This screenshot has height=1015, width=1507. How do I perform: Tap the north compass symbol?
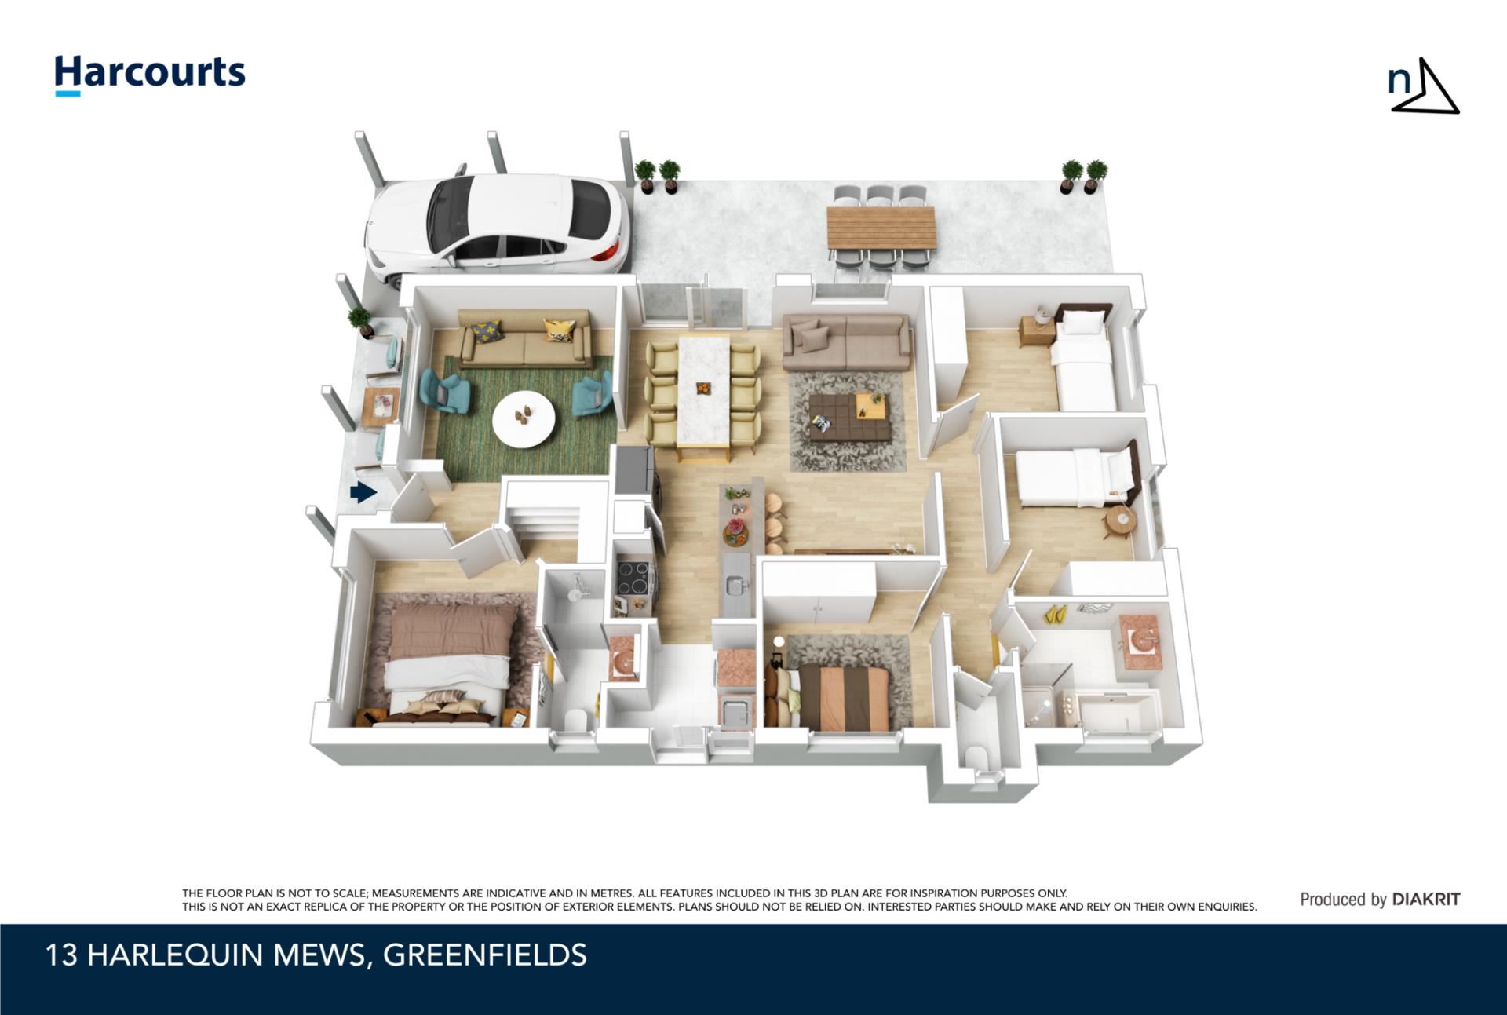point(1423,86)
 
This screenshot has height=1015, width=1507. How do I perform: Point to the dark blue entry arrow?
point(363,492)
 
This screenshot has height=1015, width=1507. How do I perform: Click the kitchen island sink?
point(735,585)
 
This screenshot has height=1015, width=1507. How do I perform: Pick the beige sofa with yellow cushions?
point(524,338)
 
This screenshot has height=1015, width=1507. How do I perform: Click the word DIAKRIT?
point(1426,899)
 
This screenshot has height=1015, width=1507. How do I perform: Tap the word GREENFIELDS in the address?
point(485,955)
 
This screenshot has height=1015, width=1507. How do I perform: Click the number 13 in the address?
point(61,955)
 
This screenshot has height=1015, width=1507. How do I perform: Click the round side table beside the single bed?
point(1118,520)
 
